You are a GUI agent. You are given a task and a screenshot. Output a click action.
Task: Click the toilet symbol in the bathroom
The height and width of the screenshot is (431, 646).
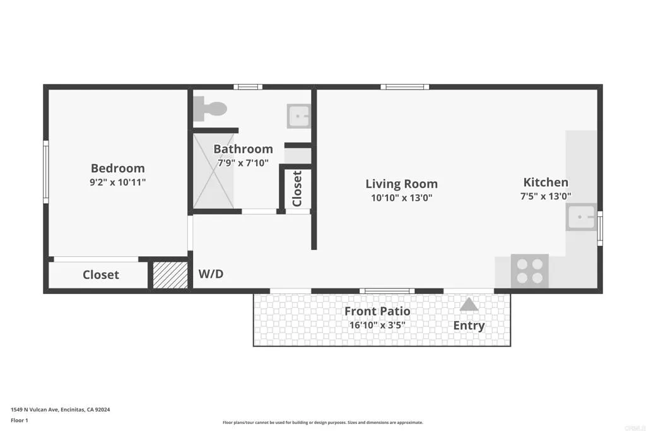[x=210, y=109]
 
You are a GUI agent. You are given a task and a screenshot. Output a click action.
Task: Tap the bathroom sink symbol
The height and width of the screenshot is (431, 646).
[x=298, y=116]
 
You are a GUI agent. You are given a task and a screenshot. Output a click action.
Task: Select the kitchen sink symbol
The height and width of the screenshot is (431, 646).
[x=581, y=218]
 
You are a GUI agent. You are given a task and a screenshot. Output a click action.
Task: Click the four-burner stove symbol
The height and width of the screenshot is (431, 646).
[x=529, y=271]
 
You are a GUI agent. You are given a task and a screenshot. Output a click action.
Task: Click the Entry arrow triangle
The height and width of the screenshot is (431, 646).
[x=468, y=305]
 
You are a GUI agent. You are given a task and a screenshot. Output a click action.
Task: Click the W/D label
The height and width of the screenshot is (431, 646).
[x=211, y=275]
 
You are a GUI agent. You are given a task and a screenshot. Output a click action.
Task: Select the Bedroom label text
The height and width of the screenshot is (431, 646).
[x=118, y=168]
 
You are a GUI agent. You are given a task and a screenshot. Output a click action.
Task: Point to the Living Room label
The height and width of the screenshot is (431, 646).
[x=401, y=184]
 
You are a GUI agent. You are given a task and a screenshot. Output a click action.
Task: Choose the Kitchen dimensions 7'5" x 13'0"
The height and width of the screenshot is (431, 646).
[x=546, y=196]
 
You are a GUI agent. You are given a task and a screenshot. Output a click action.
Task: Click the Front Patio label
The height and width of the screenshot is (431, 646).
[x=377, y=311]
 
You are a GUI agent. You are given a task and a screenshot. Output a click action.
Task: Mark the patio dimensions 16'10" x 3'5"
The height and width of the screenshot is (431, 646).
[x=377, y=326]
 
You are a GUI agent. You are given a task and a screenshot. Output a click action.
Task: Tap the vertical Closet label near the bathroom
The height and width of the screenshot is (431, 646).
[x=297, y=189]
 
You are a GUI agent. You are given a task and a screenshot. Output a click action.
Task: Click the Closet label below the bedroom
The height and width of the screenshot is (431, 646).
[x=101, y=275]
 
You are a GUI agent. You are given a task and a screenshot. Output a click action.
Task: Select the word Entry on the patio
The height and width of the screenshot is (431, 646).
[x=469, y=326]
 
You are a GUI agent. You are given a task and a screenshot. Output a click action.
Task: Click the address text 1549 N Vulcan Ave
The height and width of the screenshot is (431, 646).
[x=61, y=410]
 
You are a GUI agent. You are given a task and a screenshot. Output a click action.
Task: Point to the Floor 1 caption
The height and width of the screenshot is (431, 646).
[x=20, y=420]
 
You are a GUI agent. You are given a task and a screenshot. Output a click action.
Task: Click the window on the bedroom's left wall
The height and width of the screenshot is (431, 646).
[x=45, y=172]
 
